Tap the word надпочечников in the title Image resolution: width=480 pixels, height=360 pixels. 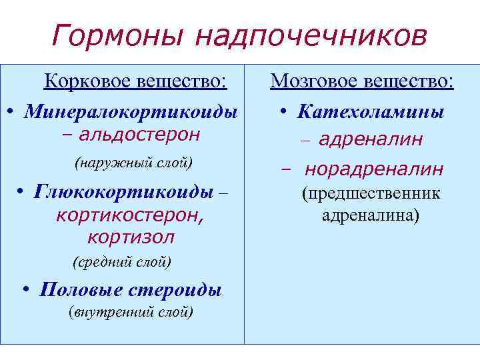310,37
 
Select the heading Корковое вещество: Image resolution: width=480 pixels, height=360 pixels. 135,82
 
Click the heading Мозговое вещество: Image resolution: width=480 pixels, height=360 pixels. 362,82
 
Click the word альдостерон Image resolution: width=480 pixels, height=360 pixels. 139,135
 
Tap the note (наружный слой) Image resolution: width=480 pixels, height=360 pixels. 134,163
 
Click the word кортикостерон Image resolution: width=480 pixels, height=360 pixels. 130,215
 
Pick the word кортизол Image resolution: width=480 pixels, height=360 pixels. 131,237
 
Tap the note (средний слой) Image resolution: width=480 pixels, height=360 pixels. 122,262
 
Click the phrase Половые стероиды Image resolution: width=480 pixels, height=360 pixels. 131,290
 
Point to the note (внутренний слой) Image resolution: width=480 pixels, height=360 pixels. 131,312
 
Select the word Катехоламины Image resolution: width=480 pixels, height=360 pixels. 371,111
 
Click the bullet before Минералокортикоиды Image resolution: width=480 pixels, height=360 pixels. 12,110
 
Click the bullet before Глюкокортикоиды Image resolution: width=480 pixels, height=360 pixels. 22,191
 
